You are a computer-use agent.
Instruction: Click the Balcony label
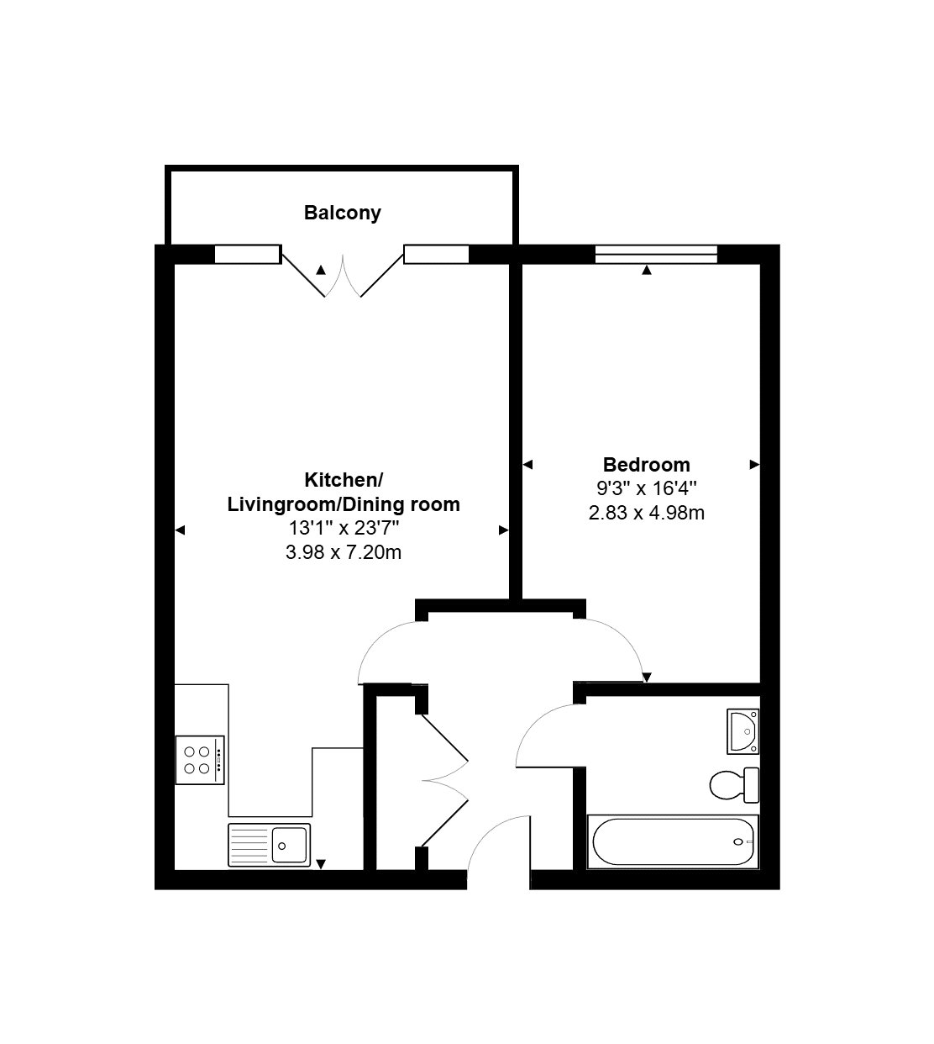pyautogui.click(x=343, y=213)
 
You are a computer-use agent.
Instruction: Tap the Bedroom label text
pyautogui.click(x=646, y=465)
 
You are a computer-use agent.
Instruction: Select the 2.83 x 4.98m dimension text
pyautogui.click(x=646, y=513)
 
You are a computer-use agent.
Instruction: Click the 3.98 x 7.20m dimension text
pyautogui.click(x=344, y=552)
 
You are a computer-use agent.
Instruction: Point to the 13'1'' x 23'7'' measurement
pyautogui.click(x=344, y=528)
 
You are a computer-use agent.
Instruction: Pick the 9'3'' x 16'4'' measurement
pyautogui.click(x=646, y=488)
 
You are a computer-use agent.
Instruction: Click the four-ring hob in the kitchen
pyautogui.click(x=200, y=760)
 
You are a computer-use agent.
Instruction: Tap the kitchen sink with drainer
pyautogui.click(x=270, y=845)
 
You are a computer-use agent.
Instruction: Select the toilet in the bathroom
pyautogui.click(x=734, y=785)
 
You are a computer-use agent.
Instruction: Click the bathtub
pyautogui.click(x=673, y=841)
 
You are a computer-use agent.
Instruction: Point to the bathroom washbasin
pyautogui.click(x=743, y=731)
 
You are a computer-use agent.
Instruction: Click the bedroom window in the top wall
pyautogui.click(x=656, y=254)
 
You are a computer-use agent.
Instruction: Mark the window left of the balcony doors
pyautogui.click(x=248, y=254)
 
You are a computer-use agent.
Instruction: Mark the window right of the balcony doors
pyautogui.click(x=436, y=254)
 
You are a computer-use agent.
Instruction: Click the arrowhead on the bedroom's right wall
pyautogui.click(x=754, y=464)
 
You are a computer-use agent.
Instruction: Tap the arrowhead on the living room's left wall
pyautogui.click(x=180, y=530)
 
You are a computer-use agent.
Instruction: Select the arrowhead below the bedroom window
pyautogui.click(x=647, y=270)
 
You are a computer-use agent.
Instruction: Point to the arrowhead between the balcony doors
pyautogui.click(x=321, y=270)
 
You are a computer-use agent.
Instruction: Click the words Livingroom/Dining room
pyautogui.click(x=344, y=504)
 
